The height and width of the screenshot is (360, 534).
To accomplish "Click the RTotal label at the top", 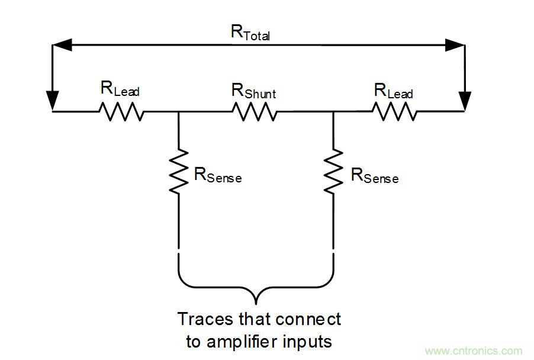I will (x=249, y=33).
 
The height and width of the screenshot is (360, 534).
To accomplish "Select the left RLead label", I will (x=120, y=90).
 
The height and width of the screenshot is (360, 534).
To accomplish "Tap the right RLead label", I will (x=393, y=91).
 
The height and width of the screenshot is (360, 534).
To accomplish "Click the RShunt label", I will (x=253, y=91).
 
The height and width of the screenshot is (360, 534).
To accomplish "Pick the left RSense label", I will (x=217, y=175).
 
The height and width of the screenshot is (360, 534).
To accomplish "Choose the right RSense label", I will (x=374, y=176).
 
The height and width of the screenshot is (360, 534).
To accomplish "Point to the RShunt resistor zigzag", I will (x=254, y=111).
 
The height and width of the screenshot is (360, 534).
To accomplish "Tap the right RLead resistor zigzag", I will (x=394, y=111).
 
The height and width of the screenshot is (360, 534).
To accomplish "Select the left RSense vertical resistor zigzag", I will (x=178, y=171).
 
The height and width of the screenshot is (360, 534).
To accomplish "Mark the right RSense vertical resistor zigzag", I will (x=333, y=171).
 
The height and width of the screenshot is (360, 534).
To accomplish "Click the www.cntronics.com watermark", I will (x=474, y=351).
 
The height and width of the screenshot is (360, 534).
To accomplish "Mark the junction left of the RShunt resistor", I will (x=178, y=111).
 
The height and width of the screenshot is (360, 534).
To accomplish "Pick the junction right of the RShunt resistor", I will (x=333, y=111).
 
